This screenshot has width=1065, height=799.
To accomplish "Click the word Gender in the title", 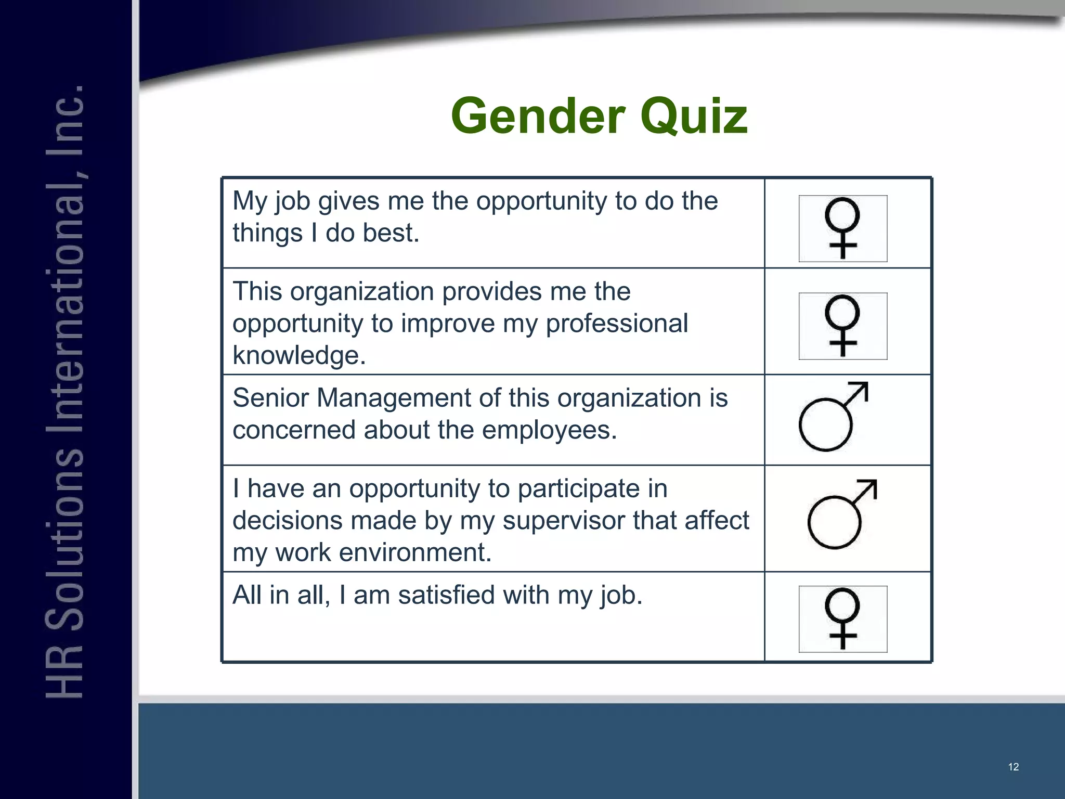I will click(x=539, y=116).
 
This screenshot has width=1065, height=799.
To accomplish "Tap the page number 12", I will click(x=1013, y=767).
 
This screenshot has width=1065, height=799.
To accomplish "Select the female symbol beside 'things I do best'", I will click(x=842, y=228).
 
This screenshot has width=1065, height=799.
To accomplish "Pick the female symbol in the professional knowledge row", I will click(x=842, y=326).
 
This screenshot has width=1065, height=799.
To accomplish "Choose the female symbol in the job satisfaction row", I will click(x=842, y=619).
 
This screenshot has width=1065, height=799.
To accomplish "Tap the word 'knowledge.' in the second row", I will click(x=299, y=355).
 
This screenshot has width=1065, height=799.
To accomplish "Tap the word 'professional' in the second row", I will click(x=617, y=324).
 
